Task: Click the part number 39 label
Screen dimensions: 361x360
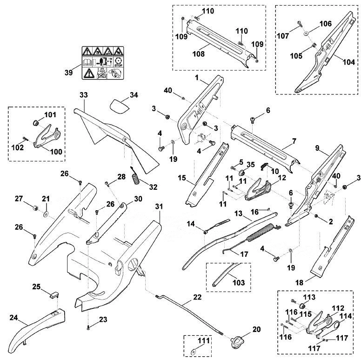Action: coord(68,72)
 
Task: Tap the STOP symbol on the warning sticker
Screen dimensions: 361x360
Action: coord(118,62)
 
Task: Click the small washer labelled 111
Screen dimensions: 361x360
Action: coord(193,351)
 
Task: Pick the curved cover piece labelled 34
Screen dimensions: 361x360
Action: coord(119,107)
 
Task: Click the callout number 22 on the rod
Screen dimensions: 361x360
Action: coord(197,297)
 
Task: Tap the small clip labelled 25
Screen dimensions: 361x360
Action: coord(54,294)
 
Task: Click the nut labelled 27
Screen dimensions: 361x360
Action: coord(35,208)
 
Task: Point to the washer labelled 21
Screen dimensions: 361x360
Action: coord(46,214)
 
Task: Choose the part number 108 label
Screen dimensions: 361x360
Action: coord(199,54)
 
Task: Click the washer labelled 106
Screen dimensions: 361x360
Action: coord(306,33)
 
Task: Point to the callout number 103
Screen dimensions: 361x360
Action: coord(239,282)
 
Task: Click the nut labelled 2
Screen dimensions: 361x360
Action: coord(316,216)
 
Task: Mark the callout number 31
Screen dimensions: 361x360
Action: coord(159,207)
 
